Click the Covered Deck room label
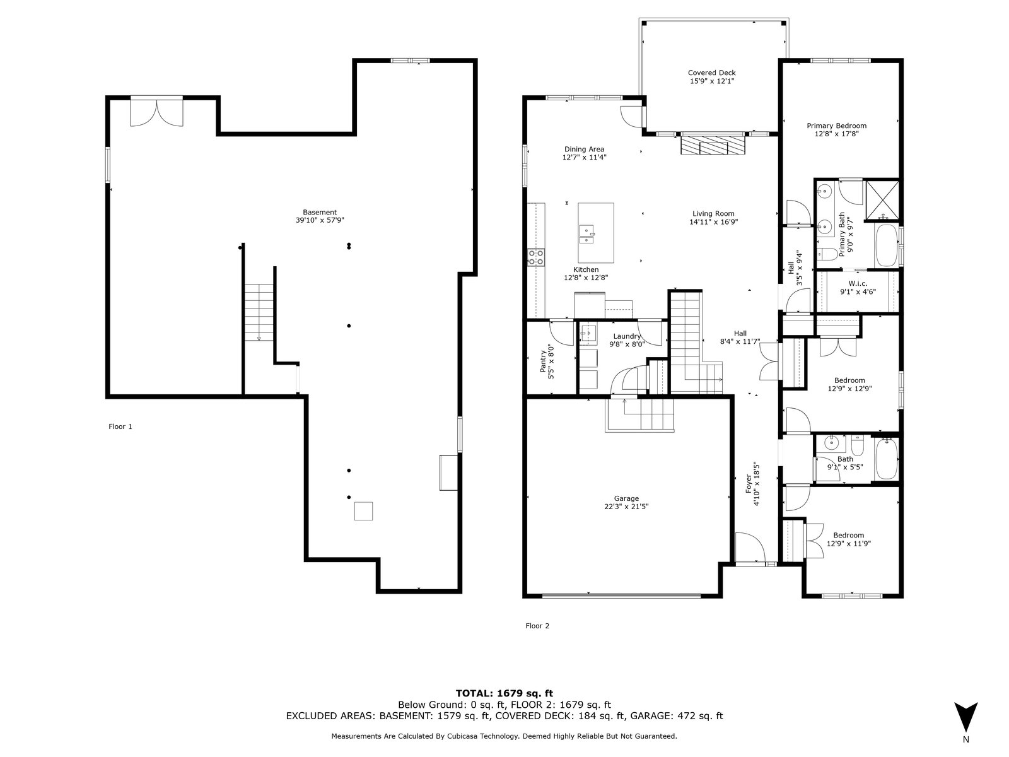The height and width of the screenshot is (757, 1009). point(711,77)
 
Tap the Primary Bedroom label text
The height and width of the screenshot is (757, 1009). point(837,129)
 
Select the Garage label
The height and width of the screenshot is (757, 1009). point(626,502)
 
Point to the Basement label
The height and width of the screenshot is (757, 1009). point(320,216)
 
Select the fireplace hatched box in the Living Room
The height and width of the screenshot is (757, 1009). point(712,143)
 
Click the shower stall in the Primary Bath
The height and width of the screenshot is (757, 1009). point(882,201)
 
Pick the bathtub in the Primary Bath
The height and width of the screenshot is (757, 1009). point(887,245)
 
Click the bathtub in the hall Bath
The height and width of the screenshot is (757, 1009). point(887,459)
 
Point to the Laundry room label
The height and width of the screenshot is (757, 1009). point(627,340)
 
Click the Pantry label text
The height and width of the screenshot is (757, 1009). point(547,361)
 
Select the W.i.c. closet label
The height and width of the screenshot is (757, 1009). point(858,287)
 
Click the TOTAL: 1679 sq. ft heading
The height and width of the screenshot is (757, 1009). point(504,693)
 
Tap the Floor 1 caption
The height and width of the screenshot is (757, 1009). point(120,426)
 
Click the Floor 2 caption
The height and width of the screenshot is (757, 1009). point(537,626)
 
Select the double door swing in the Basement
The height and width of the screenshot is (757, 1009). point(157,113)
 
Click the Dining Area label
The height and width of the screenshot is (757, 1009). point(584,153)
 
